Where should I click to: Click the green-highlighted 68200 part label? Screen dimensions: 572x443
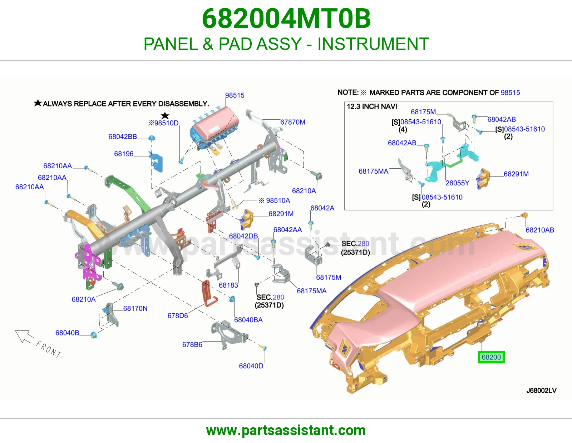491,357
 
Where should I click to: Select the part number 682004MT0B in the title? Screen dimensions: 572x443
286,19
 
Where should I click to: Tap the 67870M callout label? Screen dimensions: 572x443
293,122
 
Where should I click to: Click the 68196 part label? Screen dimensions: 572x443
124,154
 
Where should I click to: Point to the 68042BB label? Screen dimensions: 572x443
123,136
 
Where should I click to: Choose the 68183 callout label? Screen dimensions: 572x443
228,285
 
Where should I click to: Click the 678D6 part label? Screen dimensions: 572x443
178,315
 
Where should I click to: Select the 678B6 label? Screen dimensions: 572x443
192,344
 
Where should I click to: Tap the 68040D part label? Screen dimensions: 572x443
251,366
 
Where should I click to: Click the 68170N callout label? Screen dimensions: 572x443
135,308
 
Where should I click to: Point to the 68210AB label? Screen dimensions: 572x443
540,230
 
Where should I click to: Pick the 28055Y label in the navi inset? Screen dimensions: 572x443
457,183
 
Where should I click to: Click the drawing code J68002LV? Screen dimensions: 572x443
542,390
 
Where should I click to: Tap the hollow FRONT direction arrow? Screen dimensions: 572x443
24,337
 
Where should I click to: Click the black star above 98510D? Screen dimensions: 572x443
165,115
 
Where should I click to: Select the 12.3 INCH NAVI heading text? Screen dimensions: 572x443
372,106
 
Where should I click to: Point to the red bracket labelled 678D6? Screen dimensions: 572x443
209,294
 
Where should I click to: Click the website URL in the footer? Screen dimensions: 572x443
286,430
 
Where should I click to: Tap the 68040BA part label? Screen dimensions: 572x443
248,320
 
